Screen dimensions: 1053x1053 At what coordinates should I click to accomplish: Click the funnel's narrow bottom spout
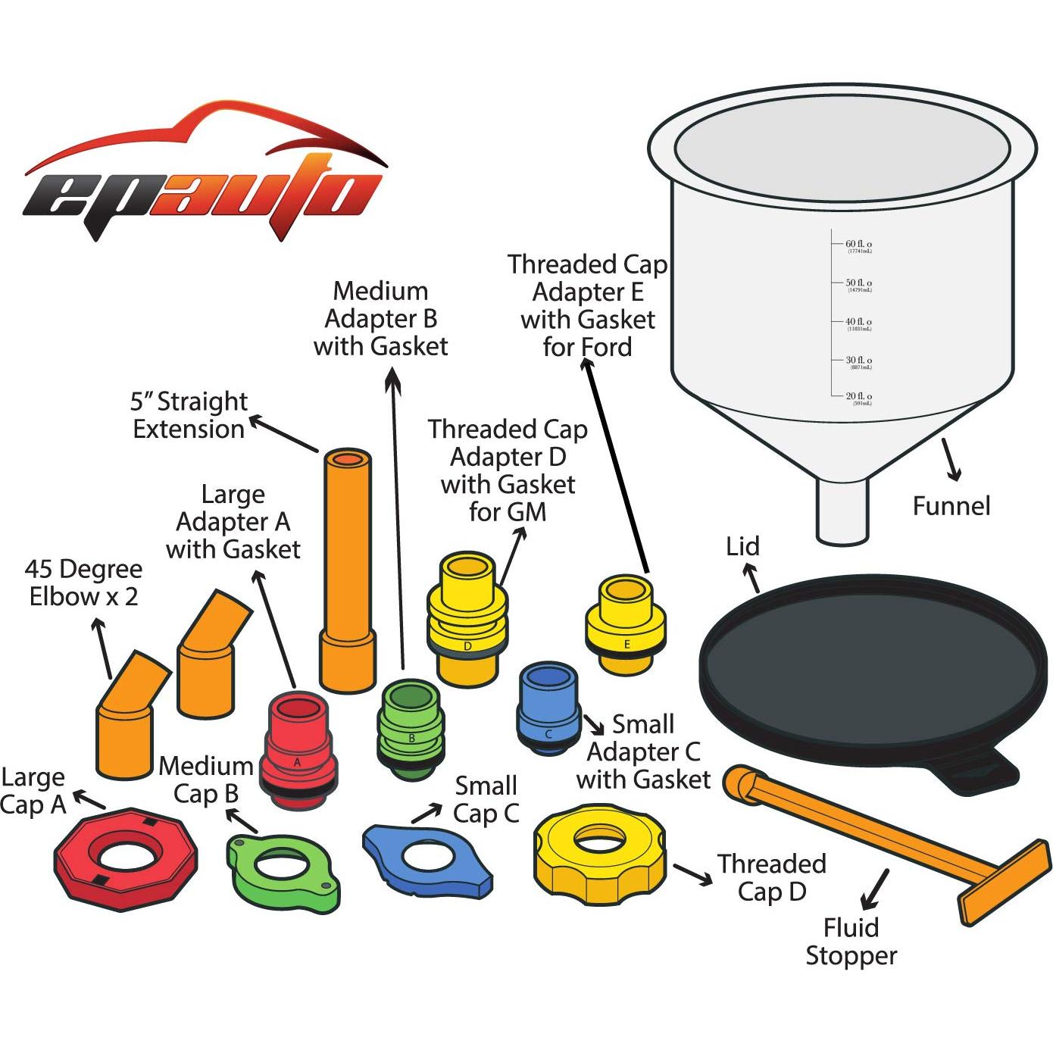point(842,511)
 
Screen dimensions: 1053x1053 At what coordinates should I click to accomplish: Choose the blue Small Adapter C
point(548,708)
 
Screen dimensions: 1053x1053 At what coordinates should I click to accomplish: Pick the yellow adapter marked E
point(626,621)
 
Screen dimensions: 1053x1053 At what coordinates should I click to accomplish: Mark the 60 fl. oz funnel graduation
point(858,245)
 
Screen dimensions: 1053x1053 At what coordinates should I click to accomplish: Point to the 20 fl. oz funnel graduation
point(858,398)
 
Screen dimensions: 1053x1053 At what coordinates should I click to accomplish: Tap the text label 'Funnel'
point(951,506)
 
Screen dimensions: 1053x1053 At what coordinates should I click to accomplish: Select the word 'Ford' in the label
point(604,348)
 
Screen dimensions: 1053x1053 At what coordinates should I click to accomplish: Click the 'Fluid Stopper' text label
point(851,942)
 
